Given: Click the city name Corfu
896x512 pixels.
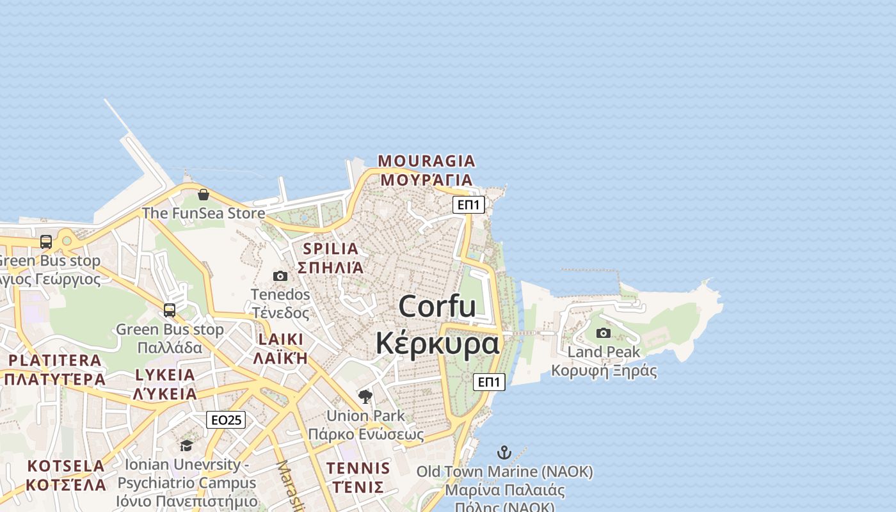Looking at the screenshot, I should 437,307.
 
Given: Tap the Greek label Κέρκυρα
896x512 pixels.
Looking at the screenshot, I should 437,343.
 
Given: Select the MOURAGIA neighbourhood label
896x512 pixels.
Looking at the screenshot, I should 426,161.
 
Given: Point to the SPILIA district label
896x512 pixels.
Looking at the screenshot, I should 331,248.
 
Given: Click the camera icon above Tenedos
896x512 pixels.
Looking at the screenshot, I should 280,276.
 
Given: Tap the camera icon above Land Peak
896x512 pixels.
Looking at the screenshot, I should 604,333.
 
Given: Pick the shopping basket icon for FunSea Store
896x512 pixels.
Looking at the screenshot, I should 204,195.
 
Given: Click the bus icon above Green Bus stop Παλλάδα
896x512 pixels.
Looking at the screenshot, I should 170,310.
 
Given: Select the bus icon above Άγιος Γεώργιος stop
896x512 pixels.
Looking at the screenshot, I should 46,242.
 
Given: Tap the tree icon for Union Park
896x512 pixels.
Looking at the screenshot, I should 365,397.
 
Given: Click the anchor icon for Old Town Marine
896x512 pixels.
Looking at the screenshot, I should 504,452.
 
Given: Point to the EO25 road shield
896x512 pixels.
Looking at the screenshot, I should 226,420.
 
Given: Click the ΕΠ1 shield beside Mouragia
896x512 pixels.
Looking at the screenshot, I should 468,205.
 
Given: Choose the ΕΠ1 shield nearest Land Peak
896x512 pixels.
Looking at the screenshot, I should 490,382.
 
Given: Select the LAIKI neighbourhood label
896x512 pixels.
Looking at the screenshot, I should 281,339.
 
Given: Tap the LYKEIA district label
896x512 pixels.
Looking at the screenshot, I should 165,375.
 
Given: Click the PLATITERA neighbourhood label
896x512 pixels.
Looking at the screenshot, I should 55,360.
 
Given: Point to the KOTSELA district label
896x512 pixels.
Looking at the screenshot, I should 67,466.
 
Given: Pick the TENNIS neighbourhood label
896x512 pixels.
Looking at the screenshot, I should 358,468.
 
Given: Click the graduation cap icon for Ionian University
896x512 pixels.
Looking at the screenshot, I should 186,445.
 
